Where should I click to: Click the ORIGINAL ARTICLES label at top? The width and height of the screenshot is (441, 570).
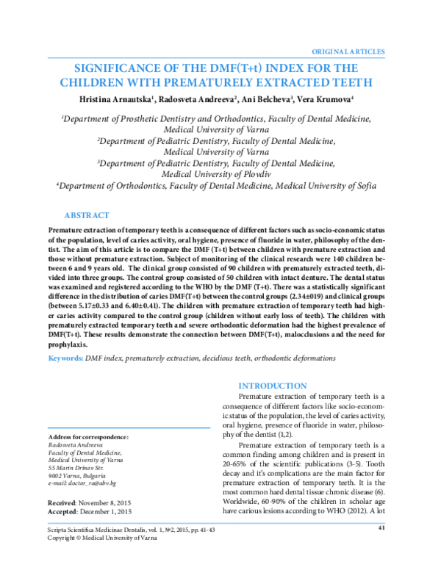[x=348, y=52]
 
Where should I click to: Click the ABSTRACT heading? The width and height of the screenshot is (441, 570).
[x=87, y=215]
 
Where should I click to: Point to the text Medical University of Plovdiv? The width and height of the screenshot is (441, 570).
[x=220, y=174]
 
